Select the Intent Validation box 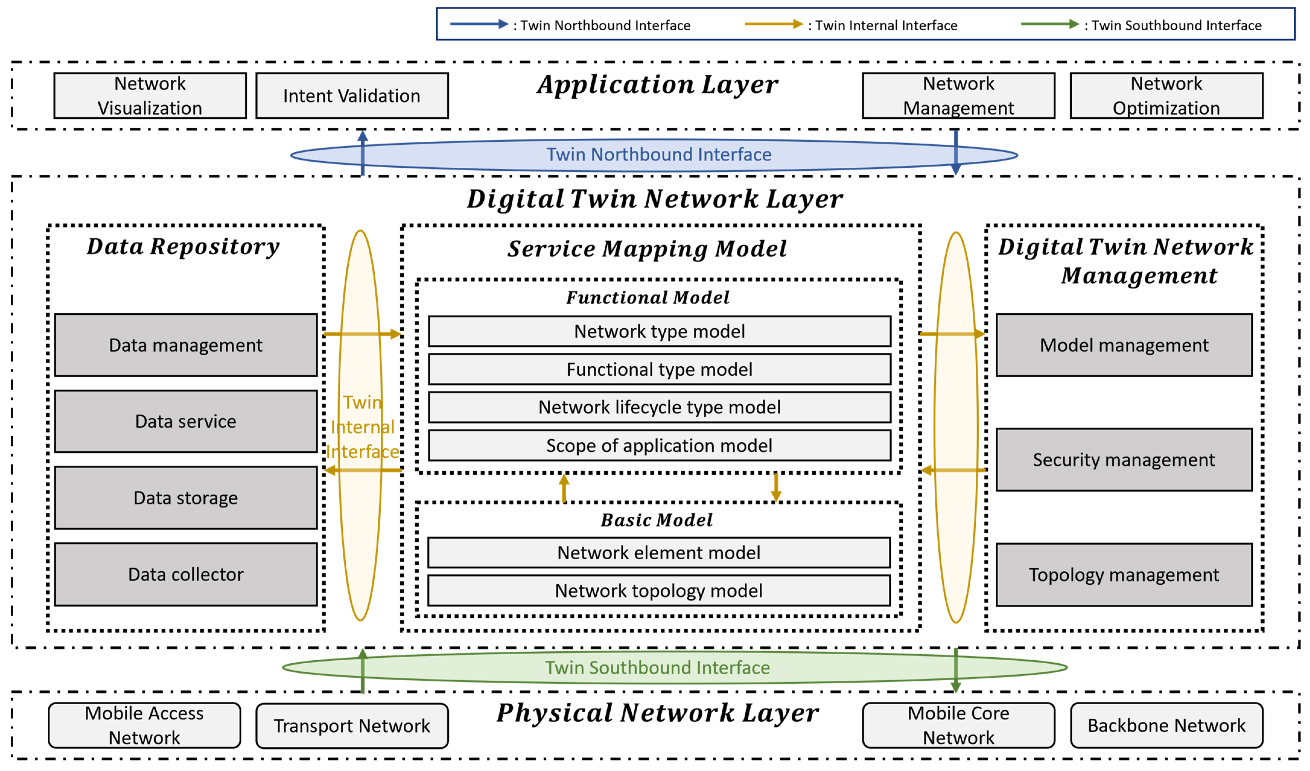coord(351,96)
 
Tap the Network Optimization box coord(1166,96)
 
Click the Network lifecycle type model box coord(659,407)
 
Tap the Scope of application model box coord(659,445)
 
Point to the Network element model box coord(659,552)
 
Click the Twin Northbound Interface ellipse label coord(659,154)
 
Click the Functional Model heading coord(647,298)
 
